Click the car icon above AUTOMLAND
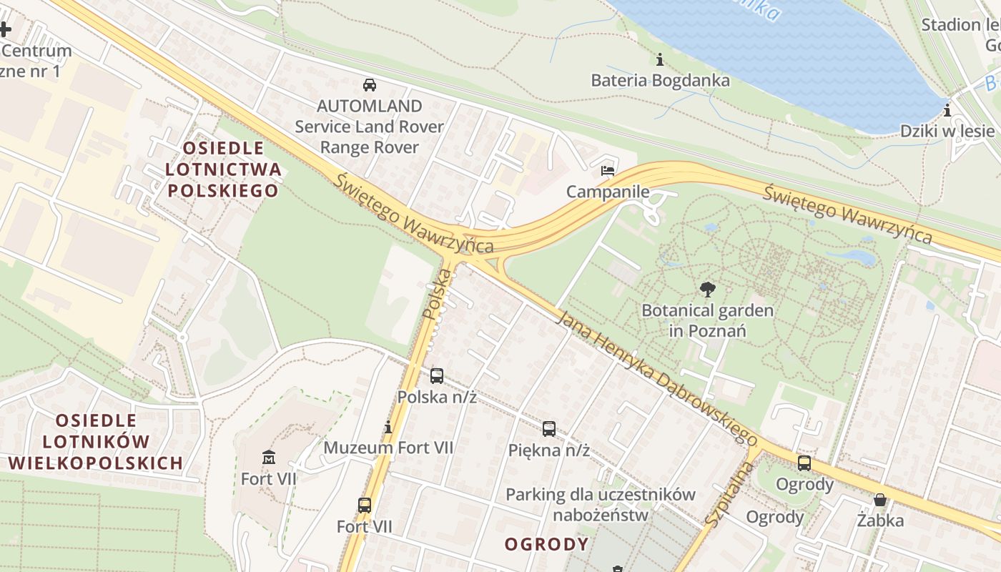click(x=370, y=85)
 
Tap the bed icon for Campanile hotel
click(x=608, y=171)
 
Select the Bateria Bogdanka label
click(x=660, y=80)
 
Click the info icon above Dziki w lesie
click(x=947, y=110)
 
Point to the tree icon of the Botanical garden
click(x=708, y=290)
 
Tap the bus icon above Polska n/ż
click(x=437, y=375)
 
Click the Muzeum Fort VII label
click(x=388, y=448)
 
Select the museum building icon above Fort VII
click(x=269, y=457)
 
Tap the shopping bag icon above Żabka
click(x=880, y=499)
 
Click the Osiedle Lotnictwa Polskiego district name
click(x=222, y=169)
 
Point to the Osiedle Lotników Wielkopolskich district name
click(x=96, y=441)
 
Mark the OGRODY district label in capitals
click(x=546, y=544)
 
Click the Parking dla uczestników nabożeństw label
click(x=600, y=504)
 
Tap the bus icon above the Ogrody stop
click(x=804, y=463)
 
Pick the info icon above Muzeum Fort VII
click(x=388, y=428)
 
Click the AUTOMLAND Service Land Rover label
click(x=370, y=127)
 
